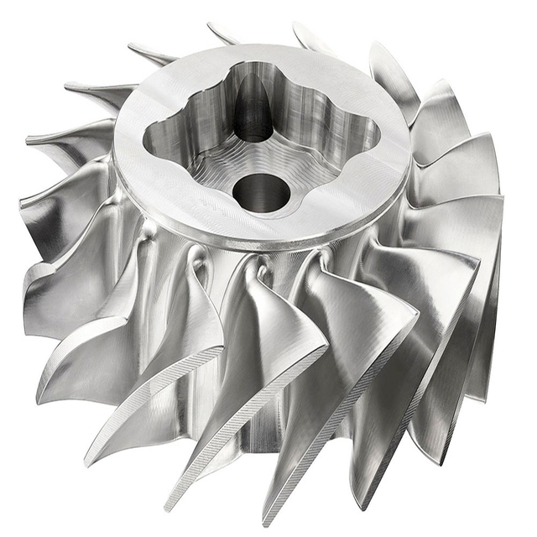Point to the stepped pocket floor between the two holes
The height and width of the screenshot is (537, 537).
click(x=252, y=155)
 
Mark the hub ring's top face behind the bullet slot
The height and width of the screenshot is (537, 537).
click(x=252, y=59)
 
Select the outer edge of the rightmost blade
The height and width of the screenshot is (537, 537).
click(x=495, y=277)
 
